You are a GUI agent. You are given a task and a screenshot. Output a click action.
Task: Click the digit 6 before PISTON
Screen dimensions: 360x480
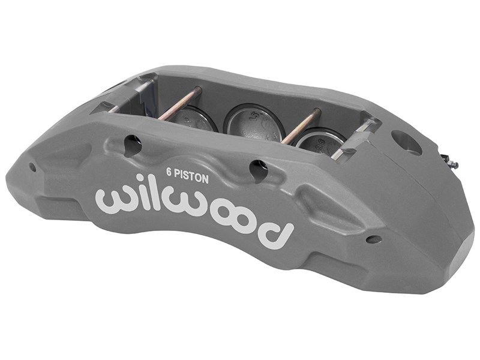(x=169, y=170)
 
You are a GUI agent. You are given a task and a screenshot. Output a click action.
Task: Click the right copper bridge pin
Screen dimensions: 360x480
(x=301, y=127)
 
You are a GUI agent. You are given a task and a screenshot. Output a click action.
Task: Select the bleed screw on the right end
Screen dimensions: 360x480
(x=449, y=161)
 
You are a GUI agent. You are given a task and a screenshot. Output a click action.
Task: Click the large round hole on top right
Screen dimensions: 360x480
(x=406, y=142)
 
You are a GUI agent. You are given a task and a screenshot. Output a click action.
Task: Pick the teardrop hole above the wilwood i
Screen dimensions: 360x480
(x=133, y=144)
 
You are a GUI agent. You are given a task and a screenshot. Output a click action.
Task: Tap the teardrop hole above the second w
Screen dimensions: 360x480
(x=259, y=170)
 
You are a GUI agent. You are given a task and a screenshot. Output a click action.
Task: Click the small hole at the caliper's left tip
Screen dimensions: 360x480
(x=32, y=167)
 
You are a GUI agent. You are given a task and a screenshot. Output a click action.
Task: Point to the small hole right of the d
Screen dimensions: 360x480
(x=373, y=239)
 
